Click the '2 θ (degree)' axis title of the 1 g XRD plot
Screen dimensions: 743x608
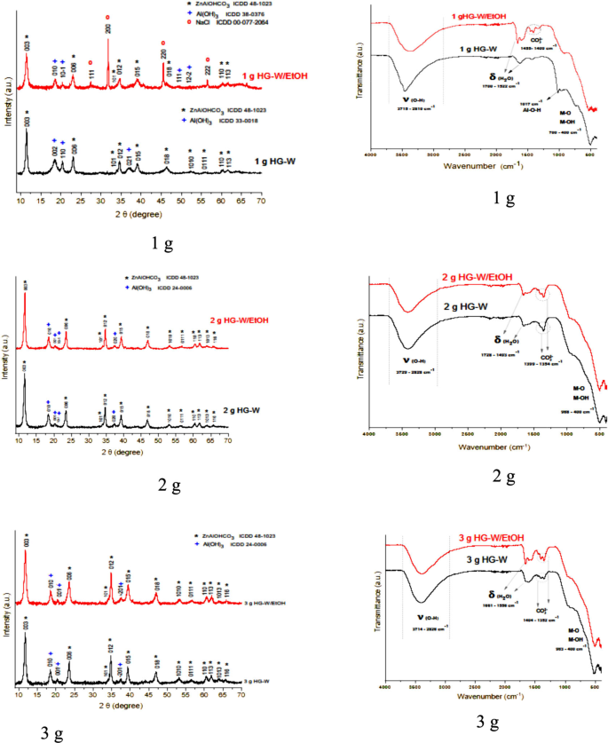point(135,216)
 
